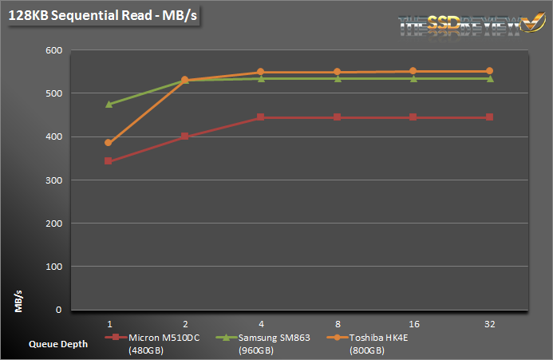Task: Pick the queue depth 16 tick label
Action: (413, 324)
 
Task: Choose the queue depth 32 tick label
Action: (489, 324)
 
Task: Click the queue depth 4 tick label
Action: (261, 324)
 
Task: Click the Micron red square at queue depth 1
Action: (109, 161)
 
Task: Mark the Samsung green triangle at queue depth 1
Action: (109, 104)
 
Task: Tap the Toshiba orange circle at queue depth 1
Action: (109, 143)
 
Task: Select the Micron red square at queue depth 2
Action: (184, 136)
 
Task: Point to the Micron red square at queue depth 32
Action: (489, 117)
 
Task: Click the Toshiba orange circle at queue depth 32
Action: (489, 71)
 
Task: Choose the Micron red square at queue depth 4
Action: (261, 117)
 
